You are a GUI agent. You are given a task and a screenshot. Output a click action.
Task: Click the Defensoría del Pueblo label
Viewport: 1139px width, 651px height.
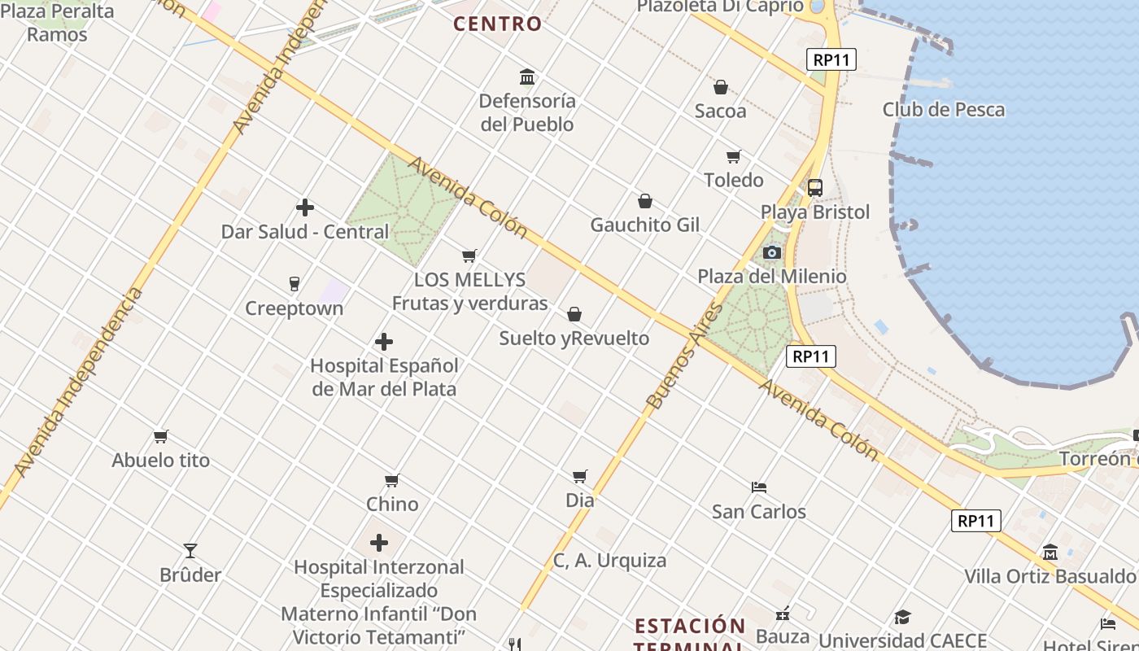pyautogui.click(x=526, y=112)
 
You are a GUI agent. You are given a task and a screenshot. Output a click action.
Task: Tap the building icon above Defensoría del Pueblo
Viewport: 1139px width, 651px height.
pyautogui.click(x=527, y=77)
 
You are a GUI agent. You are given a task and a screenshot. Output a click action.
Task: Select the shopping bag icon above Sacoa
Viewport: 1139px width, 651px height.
pyautogui.click(x=720, y=87)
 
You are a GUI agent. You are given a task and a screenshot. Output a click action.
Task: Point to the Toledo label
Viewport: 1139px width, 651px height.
pyautogui.click(x=733, y=180)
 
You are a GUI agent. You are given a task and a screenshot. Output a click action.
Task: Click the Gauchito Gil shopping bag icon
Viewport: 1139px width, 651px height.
pyautogui.click(x=645, y=201)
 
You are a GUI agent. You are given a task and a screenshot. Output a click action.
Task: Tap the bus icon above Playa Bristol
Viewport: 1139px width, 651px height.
pyautogui.click(x=815, y=188)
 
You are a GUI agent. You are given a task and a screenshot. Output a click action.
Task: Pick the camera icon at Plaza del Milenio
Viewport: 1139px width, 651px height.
pyautogui.click(x=772, y=253)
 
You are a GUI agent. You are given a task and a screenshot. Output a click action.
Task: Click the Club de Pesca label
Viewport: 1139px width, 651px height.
pyautogui.click(x=944, y=109)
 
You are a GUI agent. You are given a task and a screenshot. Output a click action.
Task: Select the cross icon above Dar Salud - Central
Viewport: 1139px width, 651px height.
pyautogui.click(x=305, y=208)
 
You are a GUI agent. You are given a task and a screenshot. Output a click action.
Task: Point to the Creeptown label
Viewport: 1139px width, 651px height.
pyautogui.click(x=295, y=308)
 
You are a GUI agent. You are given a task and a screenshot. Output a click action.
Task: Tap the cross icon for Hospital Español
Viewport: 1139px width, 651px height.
pyautogui.click(x=384, y=342)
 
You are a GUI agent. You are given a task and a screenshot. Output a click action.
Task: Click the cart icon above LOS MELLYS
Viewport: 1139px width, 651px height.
pyautogui.click(x=469, y=256)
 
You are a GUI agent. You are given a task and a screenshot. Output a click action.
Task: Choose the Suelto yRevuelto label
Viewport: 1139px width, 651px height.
pyautogui.click(x=574, y=338)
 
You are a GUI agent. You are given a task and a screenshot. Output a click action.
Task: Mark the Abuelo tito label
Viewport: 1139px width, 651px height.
pyautogui.click(x=161, y=460)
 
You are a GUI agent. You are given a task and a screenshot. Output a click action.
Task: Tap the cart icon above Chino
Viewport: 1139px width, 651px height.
pyautogui.click(x=392, y=480)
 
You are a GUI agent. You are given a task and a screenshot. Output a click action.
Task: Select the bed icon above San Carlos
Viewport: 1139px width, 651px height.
pyautogui.click(x=759, y=487)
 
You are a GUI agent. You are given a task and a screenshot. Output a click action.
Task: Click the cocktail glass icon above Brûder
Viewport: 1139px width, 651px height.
pyautogui.click(x=190, y=551)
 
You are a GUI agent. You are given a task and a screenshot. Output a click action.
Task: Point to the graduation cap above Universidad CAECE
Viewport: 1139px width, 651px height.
pyautogui.click(x=902, y=617)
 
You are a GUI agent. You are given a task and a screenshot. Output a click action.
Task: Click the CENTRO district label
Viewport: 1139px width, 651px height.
pyautogui.click(x=497, y=24)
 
